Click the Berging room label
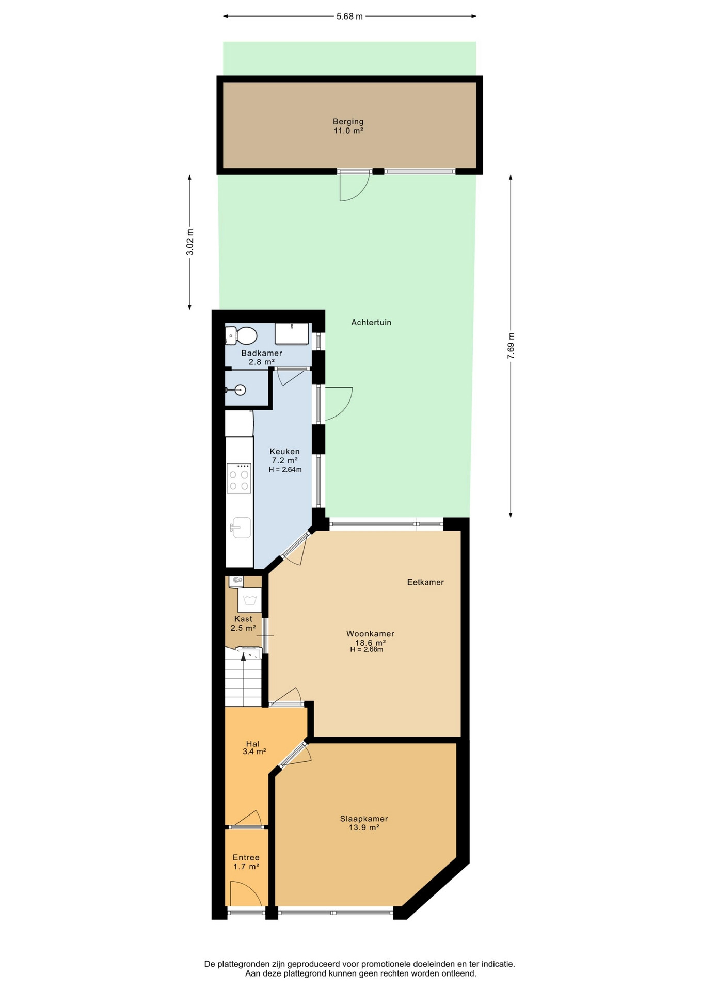tap(348, 122)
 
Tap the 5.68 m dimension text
tap(349, 17)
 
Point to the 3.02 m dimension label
tap(190, 242)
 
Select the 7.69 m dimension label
tap(511, 346)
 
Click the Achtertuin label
tap(371, 323)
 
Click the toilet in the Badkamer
tap(241, 335)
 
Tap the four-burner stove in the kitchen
tap(239, 478)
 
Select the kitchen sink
tap(240, 528)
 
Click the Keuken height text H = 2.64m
tap(285, 470)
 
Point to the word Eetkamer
tap(425, 582)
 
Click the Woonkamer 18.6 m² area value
tap(370, 643)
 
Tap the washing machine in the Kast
tap(250, 600)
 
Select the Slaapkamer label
tap(364, 819)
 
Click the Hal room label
tap(252, 744)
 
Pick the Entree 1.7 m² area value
tap(246, 867)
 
